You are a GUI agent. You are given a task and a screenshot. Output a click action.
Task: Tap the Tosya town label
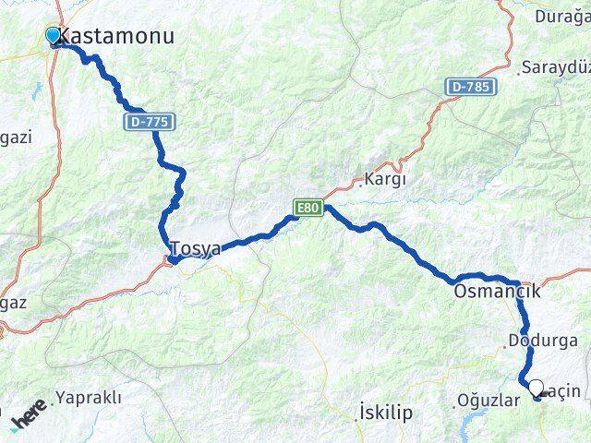(196, 248)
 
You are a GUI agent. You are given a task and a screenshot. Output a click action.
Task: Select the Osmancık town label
(496, 292)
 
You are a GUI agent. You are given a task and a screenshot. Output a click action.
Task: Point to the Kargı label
(385, 179)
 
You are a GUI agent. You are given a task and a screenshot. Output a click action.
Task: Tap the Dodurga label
(542, 341)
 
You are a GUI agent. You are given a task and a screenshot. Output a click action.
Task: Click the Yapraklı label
(88, 398)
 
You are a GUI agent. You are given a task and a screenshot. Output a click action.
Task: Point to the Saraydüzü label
(555, 67)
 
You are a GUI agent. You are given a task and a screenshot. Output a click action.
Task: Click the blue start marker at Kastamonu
(53, 36)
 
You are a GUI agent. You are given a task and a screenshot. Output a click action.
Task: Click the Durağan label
(562, 15)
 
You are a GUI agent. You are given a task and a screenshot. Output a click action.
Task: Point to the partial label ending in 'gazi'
(16, 137)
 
